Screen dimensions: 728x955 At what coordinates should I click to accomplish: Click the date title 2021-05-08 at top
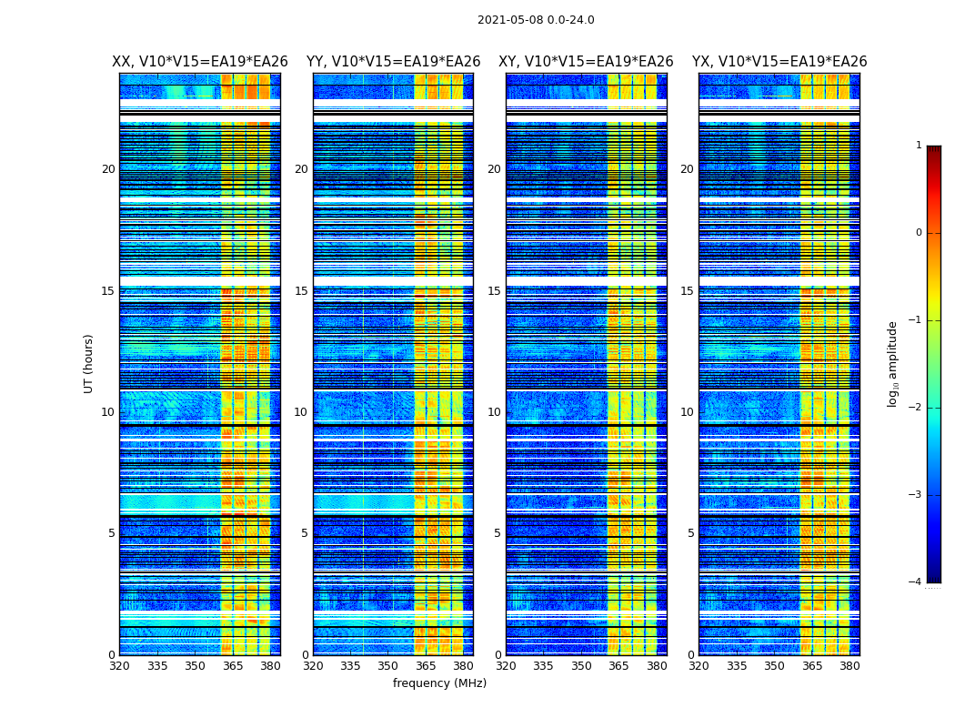point(536,20)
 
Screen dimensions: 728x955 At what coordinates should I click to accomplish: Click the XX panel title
point(199,62)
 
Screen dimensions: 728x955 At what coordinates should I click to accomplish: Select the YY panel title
point(393,62)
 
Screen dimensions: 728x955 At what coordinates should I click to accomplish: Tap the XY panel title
point(586,62)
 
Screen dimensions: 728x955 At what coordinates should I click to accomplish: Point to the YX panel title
point(779,62)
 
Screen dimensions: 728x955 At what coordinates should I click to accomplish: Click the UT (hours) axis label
point(89,363)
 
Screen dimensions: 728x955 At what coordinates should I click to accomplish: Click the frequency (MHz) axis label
point(439,683)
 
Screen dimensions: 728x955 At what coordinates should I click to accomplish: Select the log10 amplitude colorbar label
point(893,363)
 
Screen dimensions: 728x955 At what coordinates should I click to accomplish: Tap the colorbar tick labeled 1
point(919,146)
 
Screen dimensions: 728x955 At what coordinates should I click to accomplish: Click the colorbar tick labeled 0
point(919,233)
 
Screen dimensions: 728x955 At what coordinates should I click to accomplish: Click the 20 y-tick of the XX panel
point(108,169)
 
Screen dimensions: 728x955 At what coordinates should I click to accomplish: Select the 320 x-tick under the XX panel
point(120,666)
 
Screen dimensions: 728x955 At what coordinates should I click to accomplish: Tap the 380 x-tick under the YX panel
point(849,666)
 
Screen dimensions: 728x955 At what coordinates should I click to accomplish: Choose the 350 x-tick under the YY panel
point(388,666)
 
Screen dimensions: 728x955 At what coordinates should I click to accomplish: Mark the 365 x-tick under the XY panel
point(619,666)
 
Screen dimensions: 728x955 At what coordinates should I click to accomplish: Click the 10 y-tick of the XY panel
point(494,412)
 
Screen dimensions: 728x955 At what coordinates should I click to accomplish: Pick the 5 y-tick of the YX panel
point(691,533)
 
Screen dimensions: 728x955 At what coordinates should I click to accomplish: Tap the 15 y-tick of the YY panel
point(301,291)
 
